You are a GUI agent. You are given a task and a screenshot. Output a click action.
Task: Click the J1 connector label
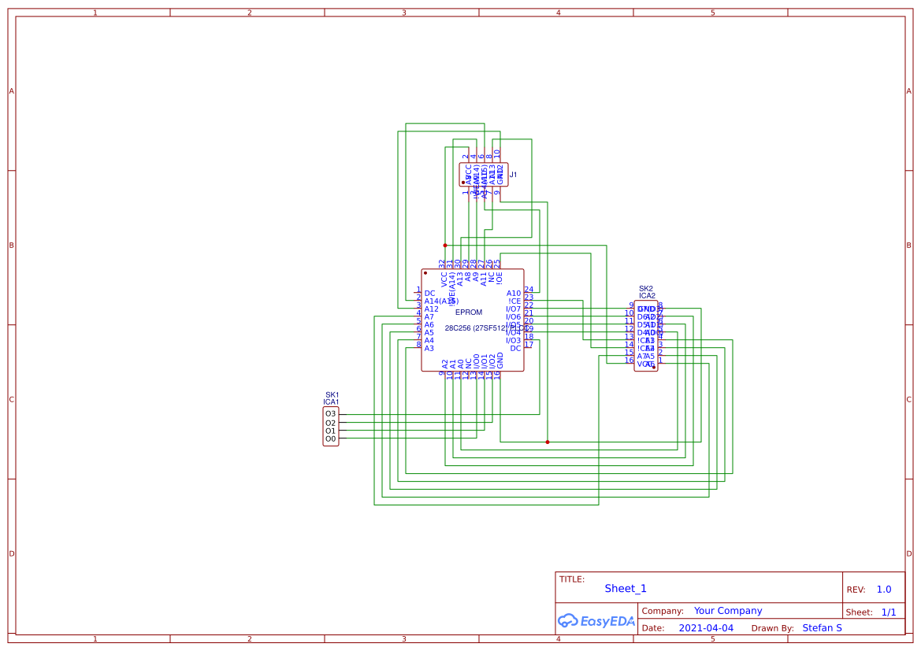513,175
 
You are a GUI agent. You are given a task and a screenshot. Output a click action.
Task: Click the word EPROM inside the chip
469,313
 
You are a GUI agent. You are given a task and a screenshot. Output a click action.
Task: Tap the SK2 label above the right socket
646,288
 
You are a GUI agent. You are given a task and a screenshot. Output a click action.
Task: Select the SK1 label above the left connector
332,394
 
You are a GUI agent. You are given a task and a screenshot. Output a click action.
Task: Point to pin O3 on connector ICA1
330,414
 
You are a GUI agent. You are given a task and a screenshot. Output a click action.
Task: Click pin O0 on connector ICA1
330,438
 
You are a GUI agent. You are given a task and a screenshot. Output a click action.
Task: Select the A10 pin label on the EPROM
513,294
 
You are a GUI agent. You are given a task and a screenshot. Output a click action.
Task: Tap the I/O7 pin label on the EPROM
513,309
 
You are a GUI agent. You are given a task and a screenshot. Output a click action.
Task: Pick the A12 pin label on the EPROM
431,309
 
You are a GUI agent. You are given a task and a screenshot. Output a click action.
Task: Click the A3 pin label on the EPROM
429,348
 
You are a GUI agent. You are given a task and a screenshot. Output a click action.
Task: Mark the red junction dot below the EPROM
548,442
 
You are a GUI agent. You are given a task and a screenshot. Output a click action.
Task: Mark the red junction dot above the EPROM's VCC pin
445,245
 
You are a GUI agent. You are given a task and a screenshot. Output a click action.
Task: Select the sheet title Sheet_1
626,589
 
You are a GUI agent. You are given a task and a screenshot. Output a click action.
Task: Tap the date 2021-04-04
706,628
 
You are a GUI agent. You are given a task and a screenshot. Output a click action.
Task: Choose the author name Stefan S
822,628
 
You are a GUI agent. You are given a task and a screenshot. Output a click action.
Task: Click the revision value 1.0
884,590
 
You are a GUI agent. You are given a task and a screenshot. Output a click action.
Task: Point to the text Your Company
728,611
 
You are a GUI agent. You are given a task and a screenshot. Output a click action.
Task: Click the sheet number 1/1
888,612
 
